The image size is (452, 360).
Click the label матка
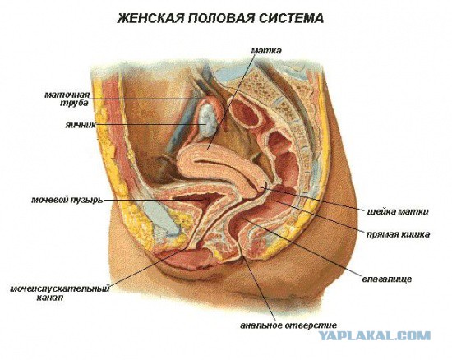pos(266,51)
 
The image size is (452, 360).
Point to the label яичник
pos(81,126)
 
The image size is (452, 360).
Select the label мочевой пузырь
pos(67,200)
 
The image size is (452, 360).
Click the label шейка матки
pos(398,211)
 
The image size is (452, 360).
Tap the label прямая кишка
pos(398,234)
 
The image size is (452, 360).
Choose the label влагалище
pos(387,279)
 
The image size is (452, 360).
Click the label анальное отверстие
pos(288,325)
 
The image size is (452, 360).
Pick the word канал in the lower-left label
pos(50,298)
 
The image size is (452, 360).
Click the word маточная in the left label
pos(67,95)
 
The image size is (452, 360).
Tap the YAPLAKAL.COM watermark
pos(374,336)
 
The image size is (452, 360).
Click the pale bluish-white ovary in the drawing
pos(206,121)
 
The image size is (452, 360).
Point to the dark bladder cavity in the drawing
pos(191,198)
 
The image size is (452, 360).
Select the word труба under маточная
pos(74,104)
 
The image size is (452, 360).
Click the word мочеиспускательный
pos(60,288)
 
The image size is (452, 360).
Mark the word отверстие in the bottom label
pos(311,325)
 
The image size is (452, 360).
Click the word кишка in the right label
pos(414,234)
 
